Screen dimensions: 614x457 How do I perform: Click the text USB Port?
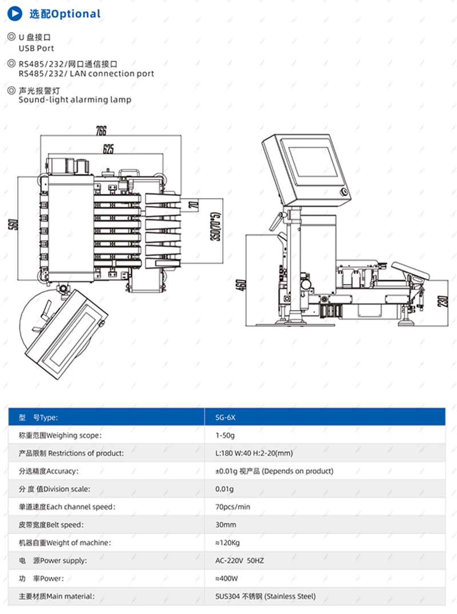point(37,49)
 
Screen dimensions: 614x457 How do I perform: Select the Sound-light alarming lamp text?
point(75,99)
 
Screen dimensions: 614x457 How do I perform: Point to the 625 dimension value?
point(108,150)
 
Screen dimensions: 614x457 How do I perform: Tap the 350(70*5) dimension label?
point(215,227)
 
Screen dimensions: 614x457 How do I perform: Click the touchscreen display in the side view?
point(313,162)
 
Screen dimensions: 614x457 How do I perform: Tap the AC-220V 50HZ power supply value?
point(239,560)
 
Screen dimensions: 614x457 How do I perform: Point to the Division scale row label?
point(54,489)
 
